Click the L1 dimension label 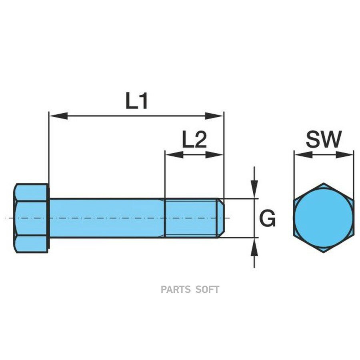[x=137, y=101]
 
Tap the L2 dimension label [x=194, y=140]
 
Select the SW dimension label [x=324, y=139]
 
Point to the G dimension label [x=268, y=218]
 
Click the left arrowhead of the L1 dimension [x=58, y=116]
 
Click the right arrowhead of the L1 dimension [x=214, y=116]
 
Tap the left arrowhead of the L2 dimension [x=174, y=155]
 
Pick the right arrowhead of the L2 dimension [x=214, y=155]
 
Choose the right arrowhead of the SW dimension [x=344, y=155]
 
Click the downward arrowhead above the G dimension [x=254, y=190]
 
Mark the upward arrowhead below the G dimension [x=254, y=246]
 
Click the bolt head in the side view [x=31, y=218]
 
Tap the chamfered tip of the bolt [x=221, y=218]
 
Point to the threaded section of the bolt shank [x=191, y=218]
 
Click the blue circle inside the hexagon [x=324, y=218]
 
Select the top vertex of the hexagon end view [x=324, y=183]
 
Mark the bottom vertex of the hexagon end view [x=324, y=253]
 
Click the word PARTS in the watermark [x=176, y=290]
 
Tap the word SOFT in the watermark [x=207, y=290]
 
